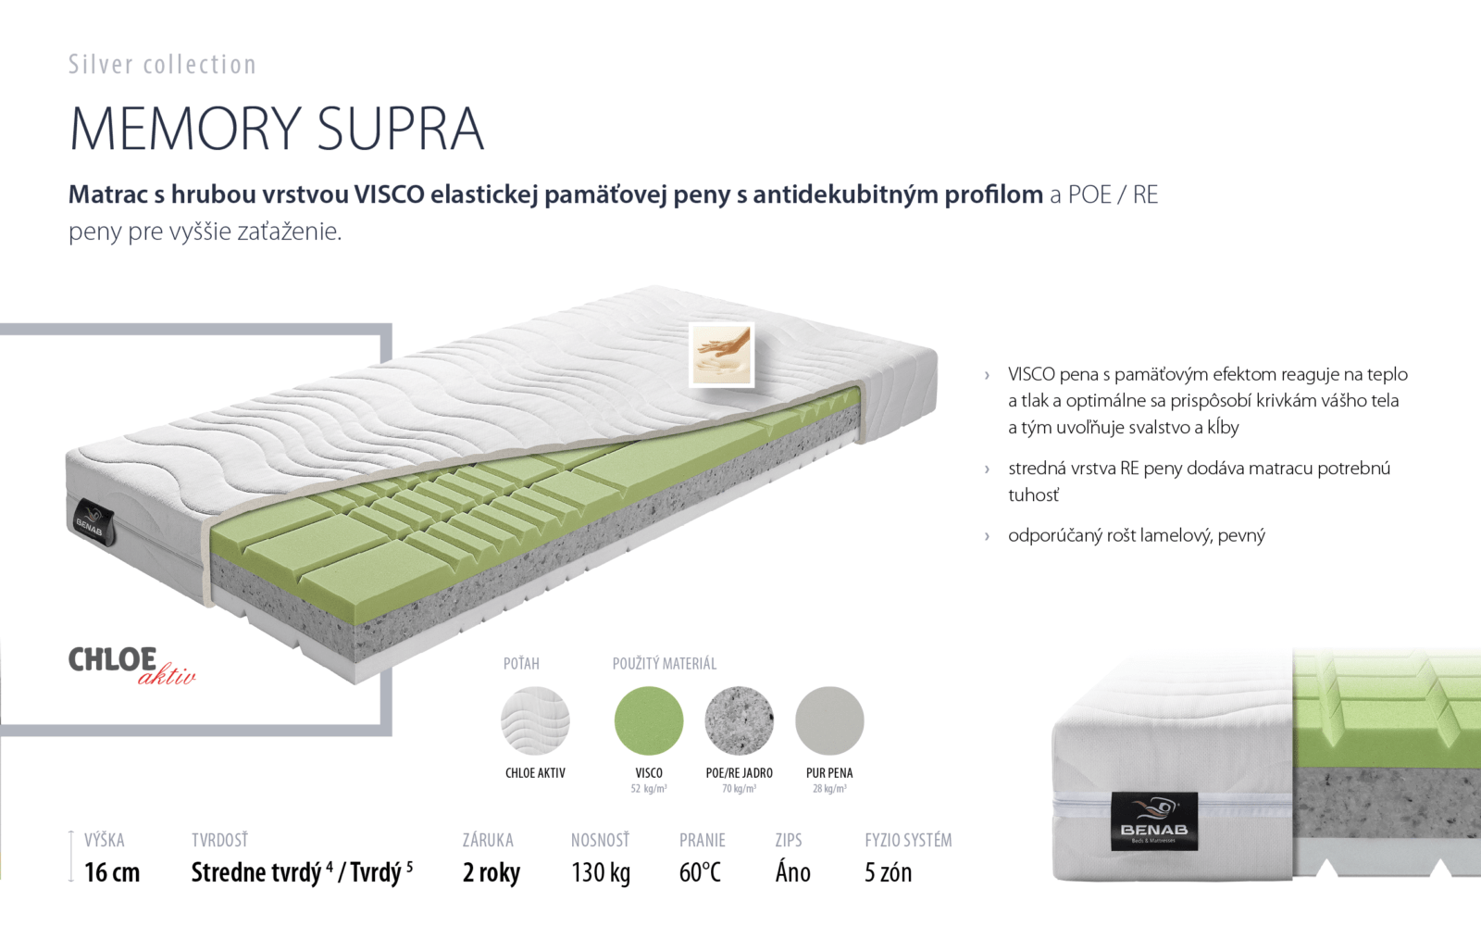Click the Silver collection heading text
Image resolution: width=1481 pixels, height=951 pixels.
163,65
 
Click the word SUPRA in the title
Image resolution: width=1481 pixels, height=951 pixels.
401,128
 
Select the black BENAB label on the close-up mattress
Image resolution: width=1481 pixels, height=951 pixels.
1153,820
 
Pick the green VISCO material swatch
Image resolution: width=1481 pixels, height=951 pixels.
649,720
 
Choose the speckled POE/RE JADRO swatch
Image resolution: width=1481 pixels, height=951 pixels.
740,720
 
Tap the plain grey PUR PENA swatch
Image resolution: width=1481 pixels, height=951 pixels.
829,720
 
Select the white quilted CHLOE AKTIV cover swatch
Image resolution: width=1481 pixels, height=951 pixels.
535,720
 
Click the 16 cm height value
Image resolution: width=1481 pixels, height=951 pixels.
112,872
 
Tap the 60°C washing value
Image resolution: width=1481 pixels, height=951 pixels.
700,872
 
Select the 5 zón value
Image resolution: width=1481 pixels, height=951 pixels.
888,872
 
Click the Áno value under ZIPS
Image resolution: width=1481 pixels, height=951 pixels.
792,871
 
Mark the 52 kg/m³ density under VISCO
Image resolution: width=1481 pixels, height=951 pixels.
649,788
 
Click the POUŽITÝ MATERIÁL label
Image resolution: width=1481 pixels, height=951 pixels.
665,663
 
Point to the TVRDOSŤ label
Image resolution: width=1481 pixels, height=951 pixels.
219,840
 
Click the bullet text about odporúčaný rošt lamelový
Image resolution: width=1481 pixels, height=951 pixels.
1137,535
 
